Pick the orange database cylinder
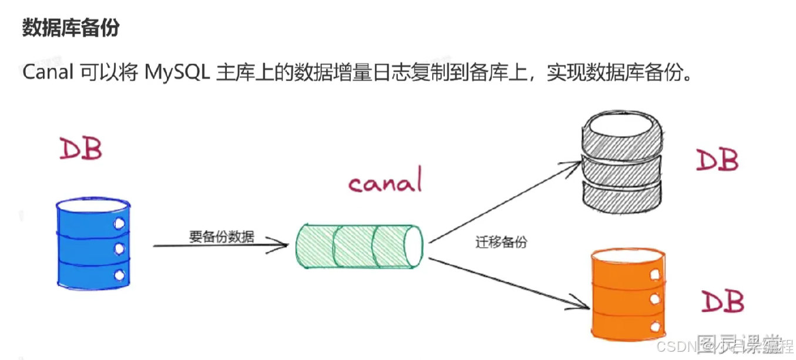point(628,294)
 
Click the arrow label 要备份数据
point(221,237)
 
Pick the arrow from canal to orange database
point(508,282)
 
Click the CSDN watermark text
point(676,345)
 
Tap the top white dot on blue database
point(119,224)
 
